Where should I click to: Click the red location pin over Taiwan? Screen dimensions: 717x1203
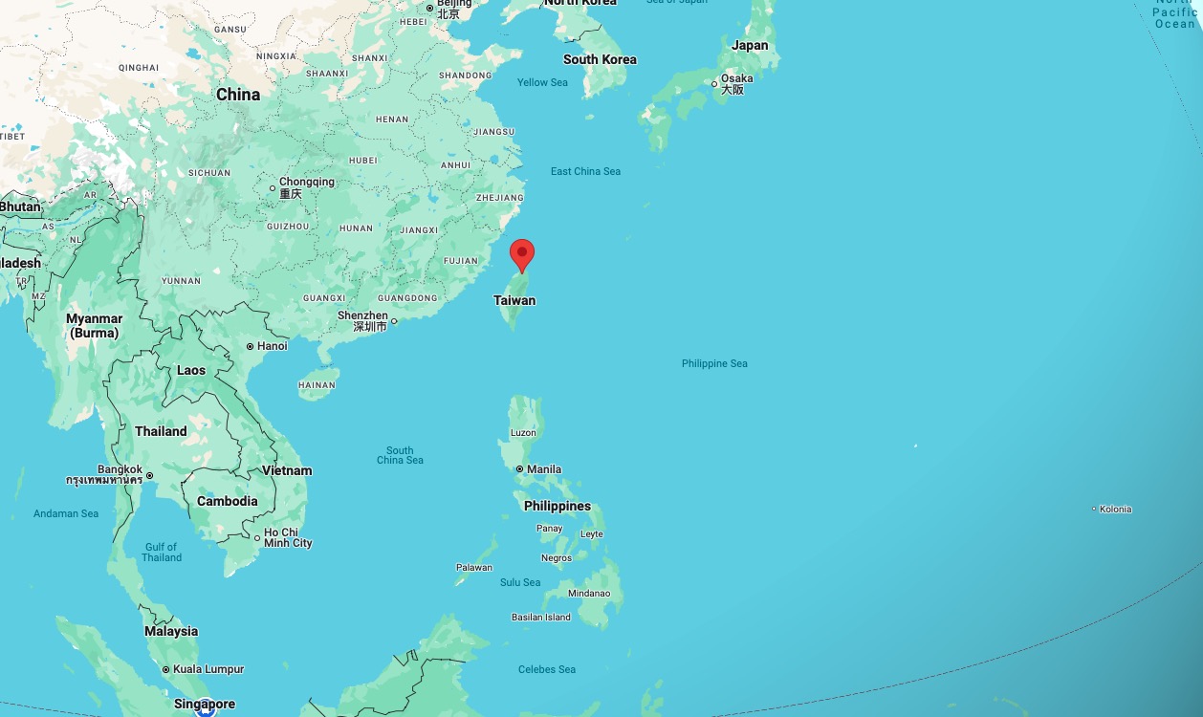click(521, 254)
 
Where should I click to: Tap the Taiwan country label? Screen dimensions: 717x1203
click(514, 300)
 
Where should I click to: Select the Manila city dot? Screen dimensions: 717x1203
click(519, 469)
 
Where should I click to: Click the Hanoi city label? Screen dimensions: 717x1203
click(272, 346)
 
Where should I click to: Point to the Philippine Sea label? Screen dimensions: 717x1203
click(714, 363)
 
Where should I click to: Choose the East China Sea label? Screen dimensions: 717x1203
click(585, 171)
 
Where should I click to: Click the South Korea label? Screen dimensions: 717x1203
click(600, 59)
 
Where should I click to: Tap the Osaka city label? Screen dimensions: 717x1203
click(736, 78)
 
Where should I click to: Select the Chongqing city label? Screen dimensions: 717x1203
click(306, 182)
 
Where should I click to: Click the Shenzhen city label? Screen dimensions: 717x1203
click(362, 315)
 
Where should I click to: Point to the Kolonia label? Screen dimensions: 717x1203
click(1115, 509)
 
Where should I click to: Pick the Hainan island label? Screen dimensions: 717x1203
click(317, 385)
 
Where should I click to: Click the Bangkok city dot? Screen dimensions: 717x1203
click(149, 475)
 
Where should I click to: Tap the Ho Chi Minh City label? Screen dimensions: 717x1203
click(288, 537)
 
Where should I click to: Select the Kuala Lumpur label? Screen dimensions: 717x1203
click(208, 669)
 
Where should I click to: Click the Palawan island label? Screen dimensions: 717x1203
click(473, 567)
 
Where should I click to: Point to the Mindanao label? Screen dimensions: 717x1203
click(588, 593)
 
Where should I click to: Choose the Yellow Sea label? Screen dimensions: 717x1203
click(542, 82)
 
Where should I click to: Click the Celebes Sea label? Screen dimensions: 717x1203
click(546, 669)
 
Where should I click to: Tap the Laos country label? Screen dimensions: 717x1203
click(191, 370)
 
